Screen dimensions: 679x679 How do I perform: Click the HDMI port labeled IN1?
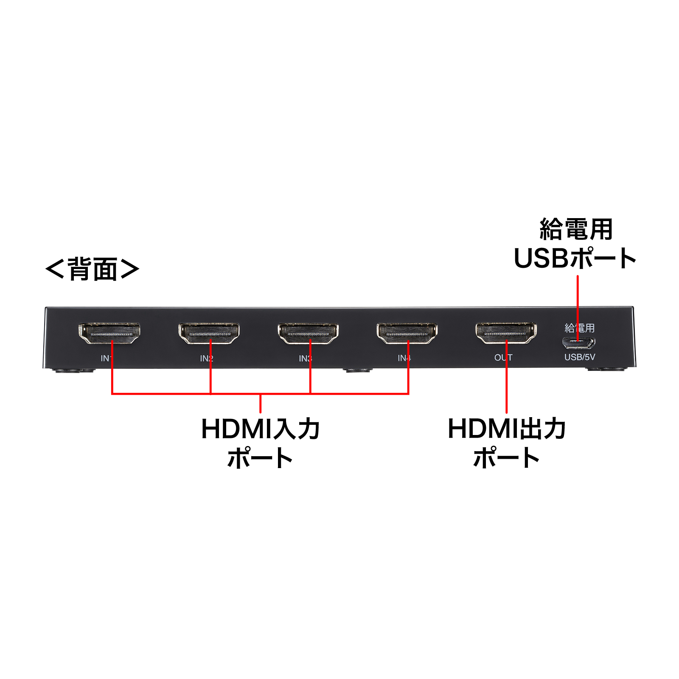[x=109, y=334]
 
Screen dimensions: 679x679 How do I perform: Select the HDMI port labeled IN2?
[x=209, y=334]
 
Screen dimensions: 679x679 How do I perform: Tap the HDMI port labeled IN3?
[x=308, y=334]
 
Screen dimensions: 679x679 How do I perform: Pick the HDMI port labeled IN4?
[x=407, y=334]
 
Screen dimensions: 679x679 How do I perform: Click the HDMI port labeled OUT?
[x=506, y=334]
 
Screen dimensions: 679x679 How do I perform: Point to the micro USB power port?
[x=579, y=342]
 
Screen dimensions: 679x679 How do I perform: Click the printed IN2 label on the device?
[x=207, y=359]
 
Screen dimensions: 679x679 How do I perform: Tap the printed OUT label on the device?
[x=503, y=358]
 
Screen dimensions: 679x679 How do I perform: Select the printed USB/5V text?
[x=580, y=357]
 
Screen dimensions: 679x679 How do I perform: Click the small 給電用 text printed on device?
[x=580, y=328]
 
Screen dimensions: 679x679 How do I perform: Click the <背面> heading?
[x=92, y=269]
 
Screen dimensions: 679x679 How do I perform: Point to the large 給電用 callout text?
[x=576, y=230]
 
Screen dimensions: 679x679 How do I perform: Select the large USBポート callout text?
[x=575, y=258]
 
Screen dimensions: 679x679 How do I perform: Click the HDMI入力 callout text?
[x=261, y=429]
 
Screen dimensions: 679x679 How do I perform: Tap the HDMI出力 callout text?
[x=507, y=429]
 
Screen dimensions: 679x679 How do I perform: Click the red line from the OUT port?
[x=506, y=377]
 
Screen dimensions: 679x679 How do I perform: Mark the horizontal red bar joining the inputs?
[x=260, y=394]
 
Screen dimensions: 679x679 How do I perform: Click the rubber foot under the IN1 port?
[x=73, y=370]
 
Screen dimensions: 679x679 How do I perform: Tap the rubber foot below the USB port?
[x=606, y=369]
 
